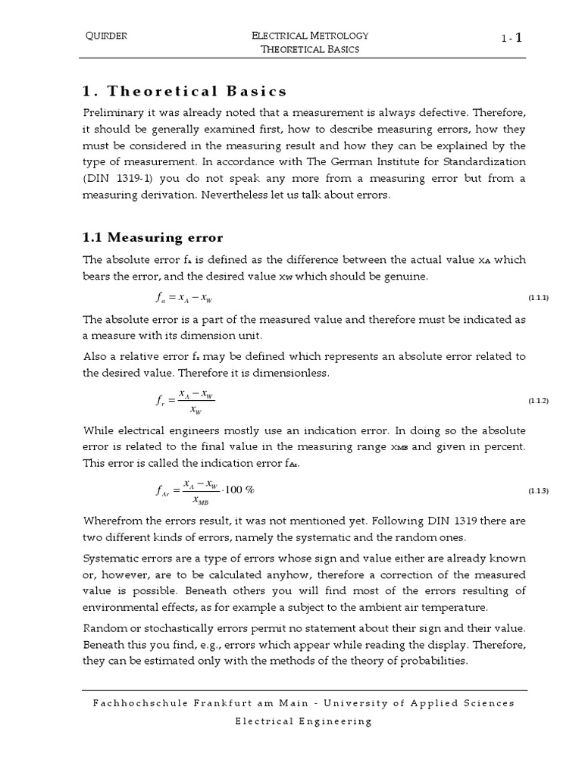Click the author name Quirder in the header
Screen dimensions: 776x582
(x=107, y=36)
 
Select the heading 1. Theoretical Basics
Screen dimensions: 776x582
(x=184, y=92)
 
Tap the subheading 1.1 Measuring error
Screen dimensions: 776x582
(x=152, y=238)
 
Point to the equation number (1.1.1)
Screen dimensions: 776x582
(x=537, y=298)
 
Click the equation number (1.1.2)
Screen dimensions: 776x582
(x=537, y=400)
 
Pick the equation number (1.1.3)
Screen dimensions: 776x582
(x=537, y=491)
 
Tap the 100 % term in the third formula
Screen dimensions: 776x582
(x=239, y=490)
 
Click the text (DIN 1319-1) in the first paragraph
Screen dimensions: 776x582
(x=116, y=178)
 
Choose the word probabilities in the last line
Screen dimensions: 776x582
(x=431, y=661)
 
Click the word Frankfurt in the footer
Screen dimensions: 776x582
(x=227, y=703)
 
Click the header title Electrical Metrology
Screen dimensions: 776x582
(x=309, y=36)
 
